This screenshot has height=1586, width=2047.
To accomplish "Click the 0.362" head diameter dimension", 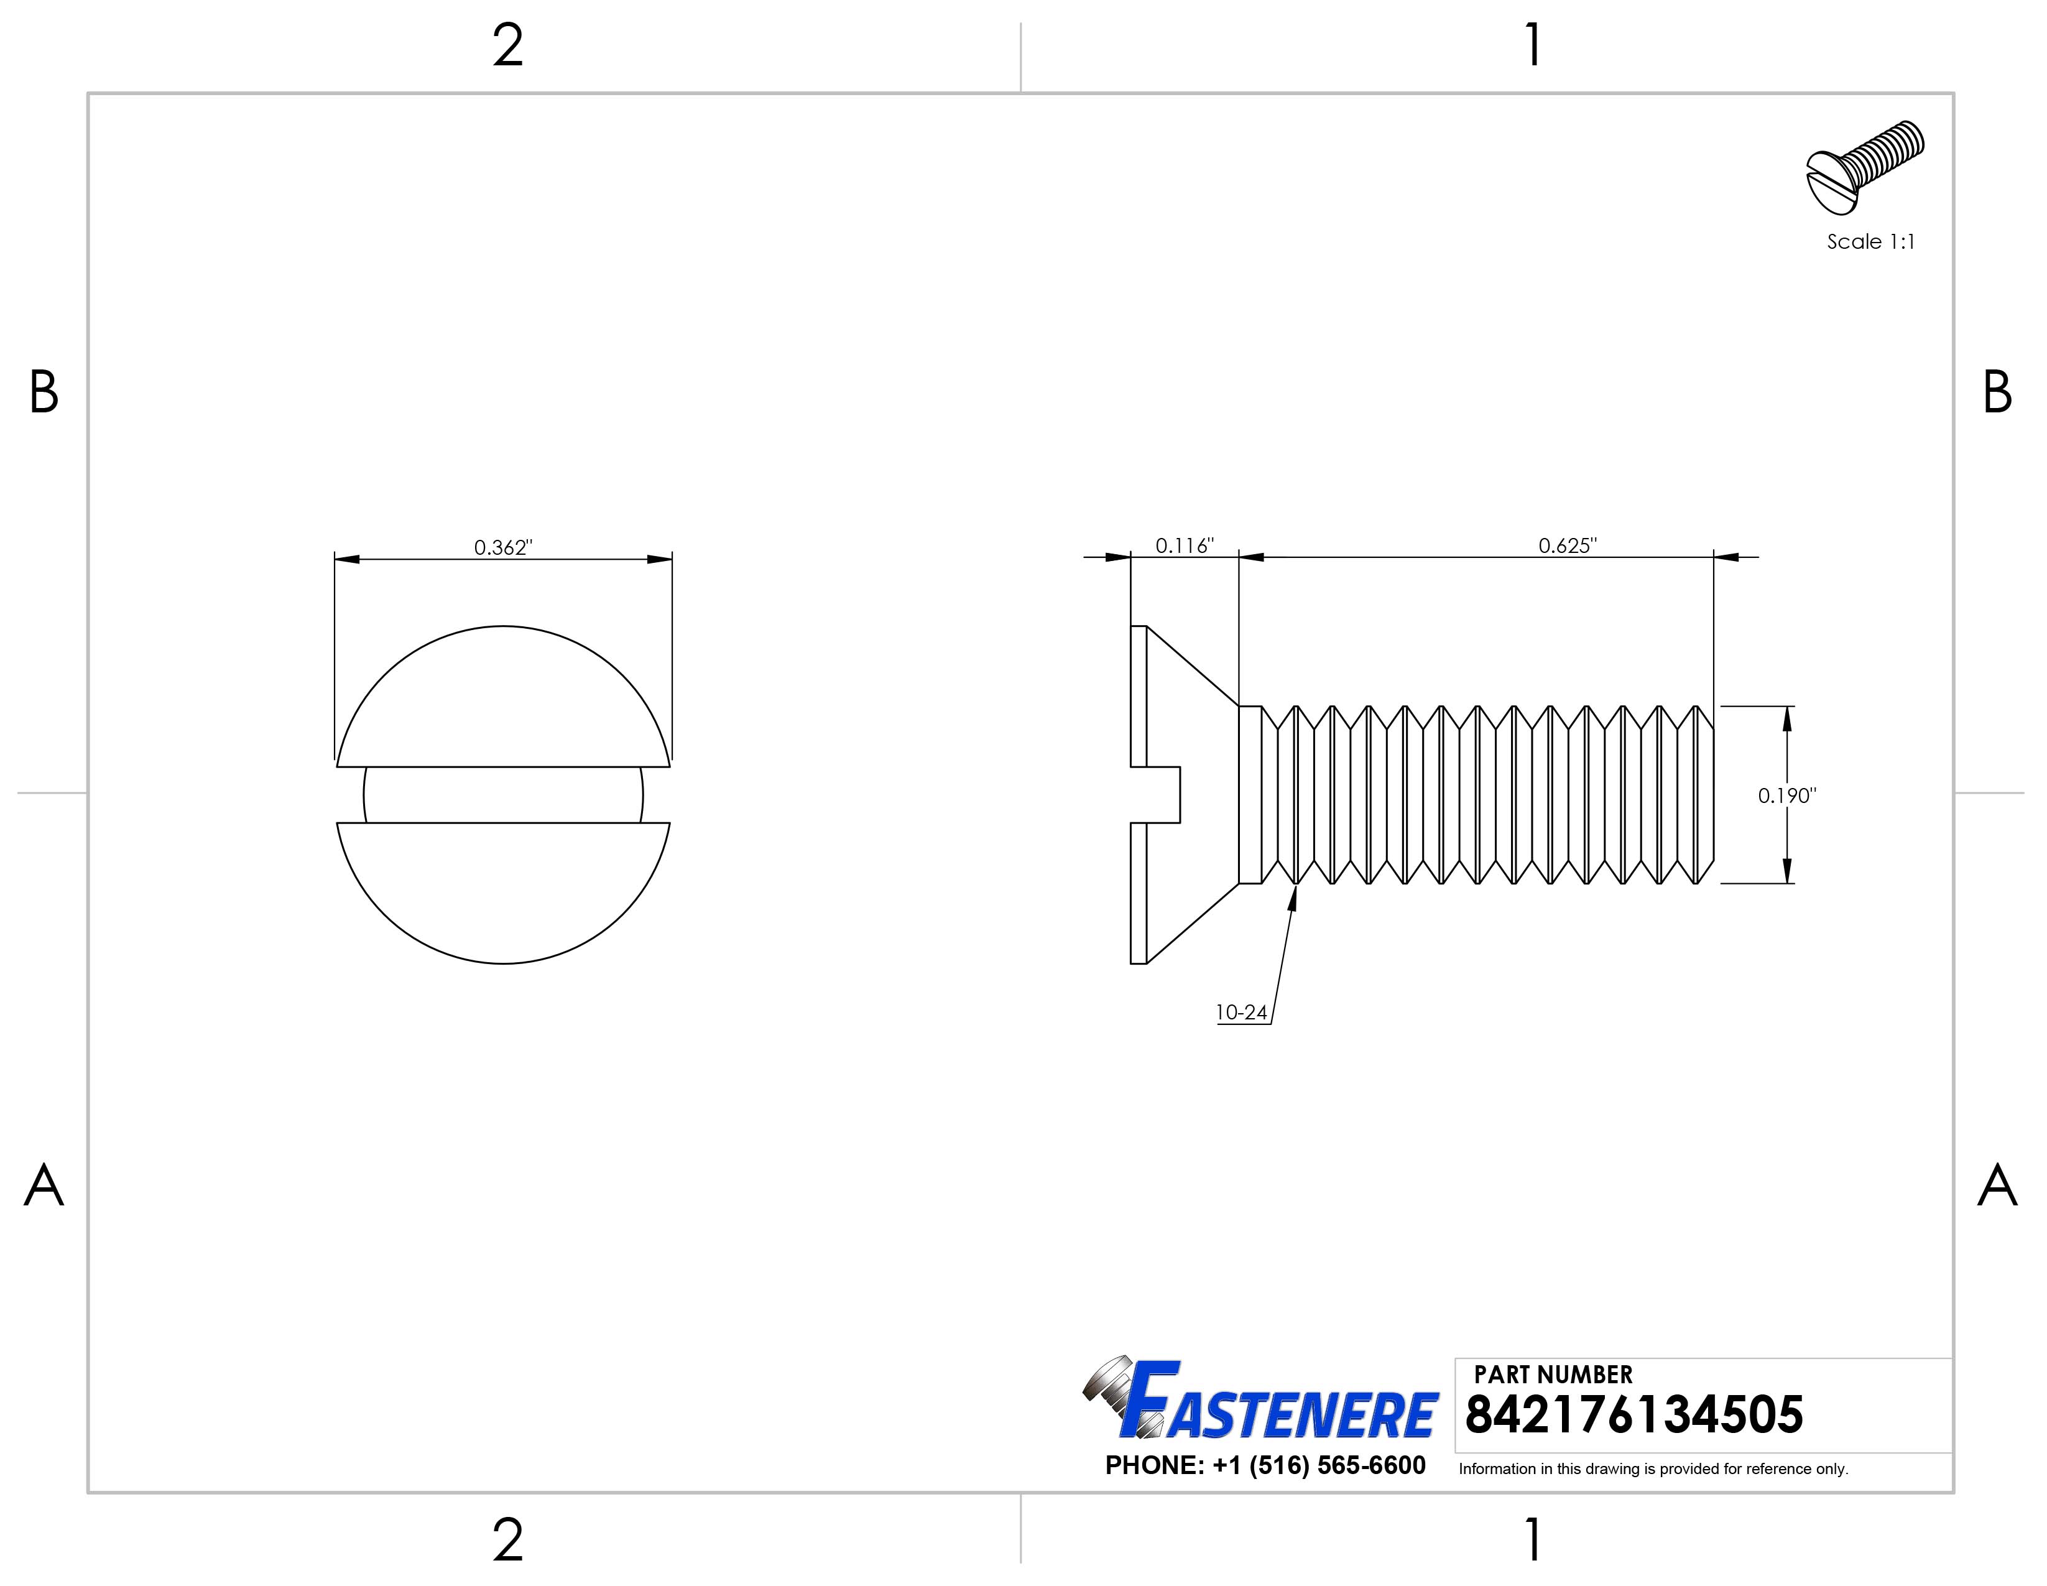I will (502, 547).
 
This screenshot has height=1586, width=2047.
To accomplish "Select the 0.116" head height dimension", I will (1184, 545).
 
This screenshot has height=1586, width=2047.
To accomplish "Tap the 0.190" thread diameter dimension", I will (1786, 796).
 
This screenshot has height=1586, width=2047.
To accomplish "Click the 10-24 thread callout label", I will (1241, 1013).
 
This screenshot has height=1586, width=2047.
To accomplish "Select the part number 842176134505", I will (1633, 1416).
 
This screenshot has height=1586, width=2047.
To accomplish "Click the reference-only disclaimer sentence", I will (1652, 1469).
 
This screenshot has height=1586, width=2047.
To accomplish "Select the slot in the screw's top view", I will (503, 795).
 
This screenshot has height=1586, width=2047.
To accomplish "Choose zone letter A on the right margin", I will (1997, 1187).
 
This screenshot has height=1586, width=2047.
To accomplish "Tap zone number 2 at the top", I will (507, 47).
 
